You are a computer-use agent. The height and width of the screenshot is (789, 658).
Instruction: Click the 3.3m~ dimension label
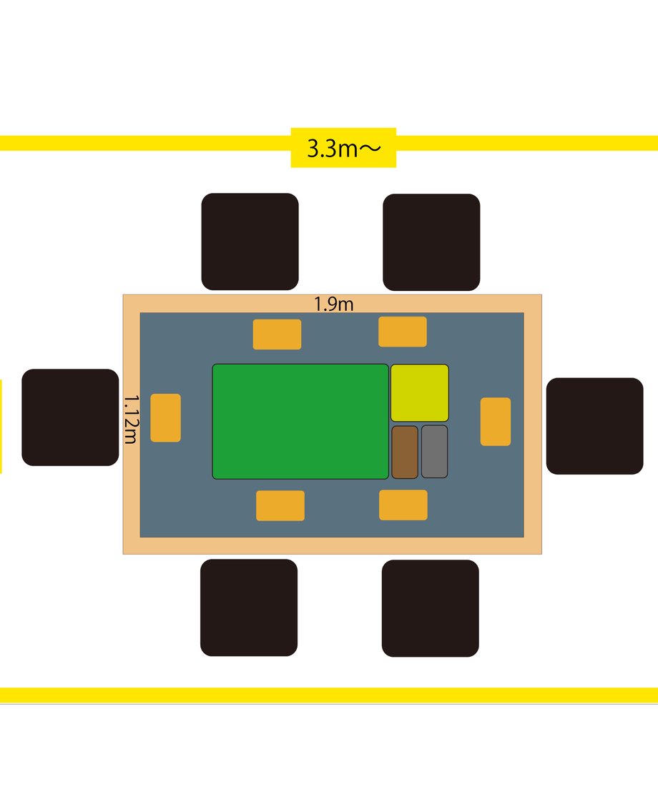click(344, 149)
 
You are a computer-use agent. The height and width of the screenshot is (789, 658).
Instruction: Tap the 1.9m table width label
click(334, 304)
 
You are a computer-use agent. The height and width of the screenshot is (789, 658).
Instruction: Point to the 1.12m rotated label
click(131, 419)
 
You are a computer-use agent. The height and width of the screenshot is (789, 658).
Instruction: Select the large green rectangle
click(300, 421)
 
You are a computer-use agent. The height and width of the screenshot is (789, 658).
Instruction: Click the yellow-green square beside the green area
click(420, 393)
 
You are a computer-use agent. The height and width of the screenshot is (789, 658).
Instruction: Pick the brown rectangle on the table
click(405, 452)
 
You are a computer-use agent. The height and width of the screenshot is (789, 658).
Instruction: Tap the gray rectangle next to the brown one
click(434, 452)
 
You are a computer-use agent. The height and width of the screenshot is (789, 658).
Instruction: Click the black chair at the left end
click(71, 417)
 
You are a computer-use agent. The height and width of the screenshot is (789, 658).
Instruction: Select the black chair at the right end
click(594, 426)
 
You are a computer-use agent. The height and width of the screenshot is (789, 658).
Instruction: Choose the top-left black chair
click(250, 242)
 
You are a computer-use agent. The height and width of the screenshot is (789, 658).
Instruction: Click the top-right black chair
click(431, 242)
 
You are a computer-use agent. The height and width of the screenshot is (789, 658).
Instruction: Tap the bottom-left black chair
click(249, 607)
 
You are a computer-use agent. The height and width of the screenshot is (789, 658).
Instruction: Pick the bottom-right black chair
click(431, 608)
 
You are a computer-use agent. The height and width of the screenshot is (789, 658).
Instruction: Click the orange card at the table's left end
click(166, 417)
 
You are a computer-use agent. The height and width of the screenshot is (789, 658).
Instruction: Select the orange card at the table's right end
click(496, 422)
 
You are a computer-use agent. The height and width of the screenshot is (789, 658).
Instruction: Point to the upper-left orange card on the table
click(277, 334)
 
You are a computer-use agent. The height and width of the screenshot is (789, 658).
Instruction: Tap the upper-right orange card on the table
click(403, 332)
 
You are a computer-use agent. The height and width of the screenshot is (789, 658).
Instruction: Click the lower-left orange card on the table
click(280, 506)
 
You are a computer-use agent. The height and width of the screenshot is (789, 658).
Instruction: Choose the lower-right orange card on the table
click(403, 505)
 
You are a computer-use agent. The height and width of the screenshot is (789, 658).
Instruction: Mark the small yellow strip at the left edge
click(1, 427)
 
